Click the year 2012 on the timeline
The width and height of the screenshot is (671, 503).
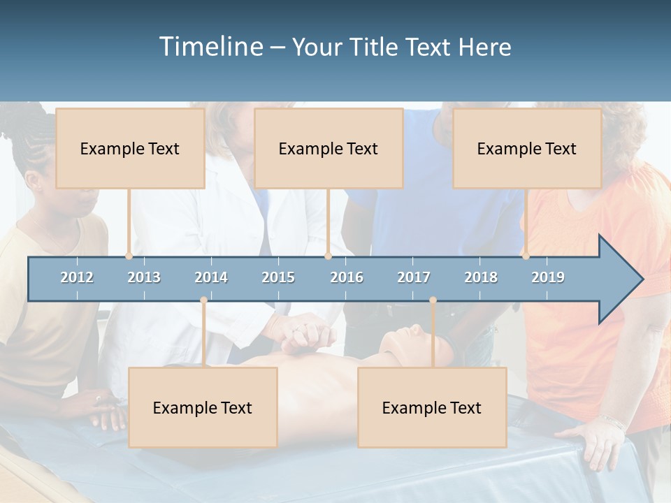[77, 277]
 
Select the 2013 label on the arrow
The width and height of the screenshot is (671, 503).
[144, 277]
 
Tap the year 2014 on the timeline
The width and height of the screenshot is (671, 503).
[211, 277]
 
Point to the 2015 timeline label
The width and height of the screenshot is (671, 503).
[278, 277]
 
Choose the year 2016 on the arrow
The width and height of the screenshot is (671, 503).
[347, 277]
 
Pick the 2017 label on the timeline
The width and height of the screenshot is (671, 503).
[414, 277]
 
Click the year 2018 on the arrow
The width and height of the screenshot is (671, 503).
[481, 277]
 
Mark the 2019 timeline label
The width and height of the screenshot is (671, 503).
[548, 277]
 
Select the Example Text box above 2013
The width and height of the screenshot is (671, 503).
[130, 148]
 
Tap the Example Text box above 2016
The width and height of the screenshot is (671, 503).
[329, 148]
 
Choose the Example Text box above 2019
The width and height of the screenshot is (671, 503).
[527, 148]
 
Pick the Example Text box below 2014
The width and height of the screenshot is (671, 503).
[203, 407]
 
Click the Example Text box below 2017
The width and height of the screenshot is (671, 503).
[432, 407]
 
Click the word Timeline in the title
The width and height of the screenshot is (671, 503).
[211, 46]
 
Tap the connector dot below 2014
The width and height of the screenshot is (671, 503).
[203, 300]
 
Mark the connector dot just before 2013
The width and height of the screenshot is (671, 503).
[129, 256]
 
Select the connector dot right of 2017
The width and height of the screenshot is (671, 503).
[433, 300]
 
